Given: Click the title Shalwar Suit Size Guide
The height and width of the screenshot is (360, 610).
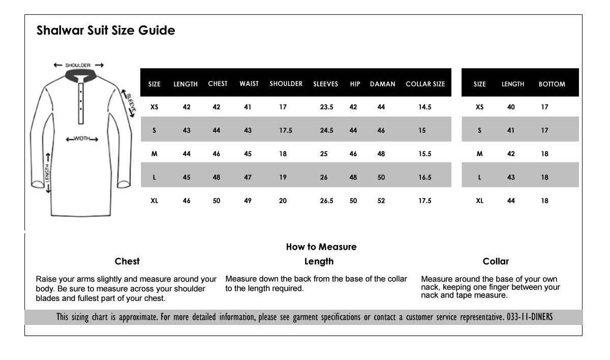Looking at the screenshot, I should pyautogui.click(x=106, y=31).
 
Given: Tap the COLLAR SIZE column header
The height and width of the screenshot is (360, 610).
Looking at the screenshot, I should pyautogui.click(x=425, y=84).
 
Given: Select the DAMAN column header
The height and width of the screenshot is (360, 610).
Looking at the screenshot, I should pyautogui.click(x=382, y=84).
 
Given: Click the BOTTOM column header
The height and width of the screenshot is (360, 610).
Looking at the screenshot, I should pyautogui.click(x=552, y=84).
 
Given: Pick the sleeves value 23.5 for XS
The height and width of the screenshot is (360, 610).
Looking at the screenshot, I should pyautogui.click(x=326, y=107).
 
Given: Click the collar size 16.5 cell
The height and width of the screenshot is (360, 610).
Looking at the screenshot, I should pyautogui.click(x=424, y=177).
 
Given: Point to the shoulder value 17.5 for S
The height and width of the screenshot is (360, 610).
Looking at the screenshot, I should pyautogui.click(x=286, y=131).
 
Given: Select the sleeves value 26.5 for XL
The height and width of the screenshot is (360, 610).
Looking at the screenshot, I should pyautogui.click(x=326, y=201).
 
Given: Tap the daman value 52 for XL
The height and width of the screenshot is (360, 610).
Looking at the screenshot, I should pyautogui.click(x=381, y=201).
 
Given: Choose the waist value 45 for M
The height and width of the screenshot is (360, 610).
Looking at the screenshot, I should pyautogui.click(x=248, y=154).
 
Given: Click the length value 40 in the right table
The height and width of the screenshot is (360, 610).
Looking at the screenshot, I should pyautogui.click(x=511, y=107).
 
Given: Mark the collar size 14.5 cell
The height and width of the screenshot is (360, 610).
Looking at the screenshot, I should pyautogui.click(x=424, y=107).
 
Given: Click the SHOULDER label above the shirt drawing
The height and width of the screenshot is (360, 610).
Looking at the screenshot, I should pyautogui.click(x=78, y=65).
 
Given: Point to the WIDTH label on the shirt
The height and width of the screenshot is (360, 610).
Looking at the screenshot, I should pyautogui.click(x=82, y=139).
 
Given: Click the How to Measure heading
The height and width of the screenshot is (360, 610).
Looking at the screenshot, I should pyautogui.click(x=321, y=247).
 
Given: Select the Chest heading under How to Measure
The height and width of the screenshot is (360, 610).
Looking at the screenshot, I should pyautogui.click(x=127, y=261).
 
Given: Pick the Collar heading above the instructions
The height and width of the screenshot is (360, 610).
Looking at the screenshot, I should pyautogui.click(x=496, y=261).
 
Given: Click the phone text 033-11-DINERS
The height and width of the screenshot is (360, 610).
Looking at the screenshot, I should pyautogui.click(x=530, y=317).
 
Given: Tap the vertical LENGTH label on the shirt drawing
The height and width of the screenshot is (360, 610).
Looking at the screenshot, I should pyautogui.click(x=47, y=173).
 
